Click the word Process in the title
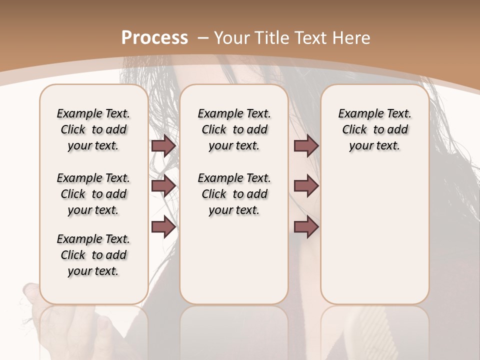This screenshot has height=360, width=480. pyautogui.click(x=154, y=37)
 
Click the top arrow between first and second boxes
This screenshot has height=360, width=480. pyautogui.click(x=163, y=145)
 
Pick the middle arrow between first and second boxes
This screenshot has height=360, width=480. pyautogui.click(x=163, y=186)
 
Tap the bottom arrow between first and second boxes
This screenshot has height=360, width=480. pyautogui.click(x=163, y=227)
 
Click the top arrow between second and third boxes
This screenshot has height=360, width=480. pyautogui.click(x=306, y=145)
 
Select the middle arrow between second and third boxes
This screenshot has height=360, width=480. pyautogui.click(x=306, y=186)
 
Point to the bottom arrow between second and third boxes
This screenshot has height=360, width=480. pyautogui.click(x=306, y=227)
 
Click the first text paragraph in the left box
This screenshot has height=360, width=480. pyautogui.click(x=93, y=129)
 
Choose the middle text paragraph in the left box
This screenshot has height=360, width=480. pyautogui.click(x=93, y=194)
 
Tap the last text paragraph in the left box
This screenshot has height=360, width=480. pyautogui.click(x=93, y=255)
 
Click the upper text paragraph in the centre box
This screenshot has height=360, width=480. pyautogui.click(x=234, y=129)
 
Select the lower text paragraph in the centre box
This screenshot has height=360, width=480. pyautogui.click(x=234, y=194)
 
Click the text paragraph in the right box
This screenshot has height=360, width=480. pyautogui.click(x=374, y=129)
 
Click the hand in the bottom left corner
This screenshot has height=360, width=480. pyautogui.click(x=30, y=305)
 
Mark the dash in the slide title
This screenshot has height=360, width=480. pyautogui.click(x=202, y=37)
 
